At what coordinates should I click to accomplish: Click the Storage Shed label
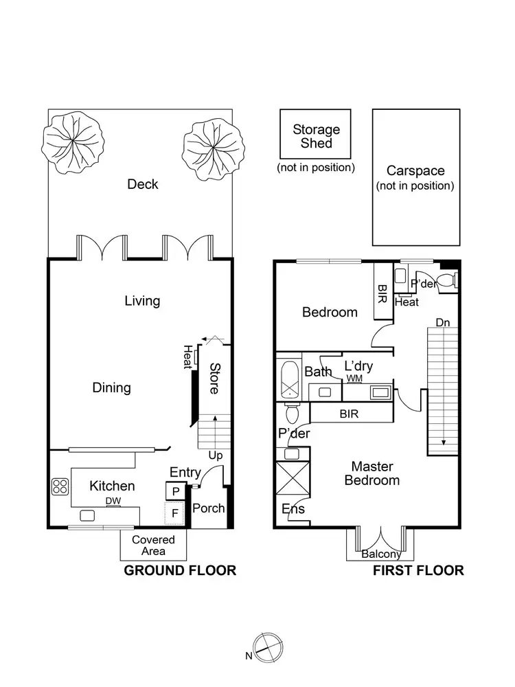tap(316, 136)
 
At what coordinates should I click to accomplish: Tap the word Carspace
tap(415, 171)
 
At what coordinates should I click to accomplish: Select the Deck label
tap(143, 184)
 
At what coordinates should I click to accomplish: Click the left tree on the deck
tap(69, 144)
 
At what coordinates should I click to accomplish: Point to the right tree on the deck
tap(213, 148)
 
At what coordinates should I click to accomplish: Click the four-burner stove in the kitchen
tap(60, 486)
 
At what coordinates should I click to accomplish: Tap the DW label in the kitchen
tap(113, 502)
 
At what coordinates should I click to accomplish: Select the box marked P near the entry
tap(175, 491)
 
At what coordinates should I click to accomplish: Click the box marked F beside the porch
tap(175, 513)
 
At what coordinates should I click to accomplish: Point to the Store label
tap(214, 378)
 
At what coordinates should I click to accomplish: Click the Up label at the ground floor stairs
tap(216, 455)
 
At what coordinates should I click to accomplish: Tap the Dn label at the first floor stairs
tap(444, 322)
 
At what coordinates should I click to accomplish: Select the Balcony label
tap(381, 554)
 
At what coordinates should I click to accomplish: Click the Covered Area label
tap(153, 545)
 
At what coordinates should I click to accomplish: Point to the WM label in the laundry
tap(354, 379)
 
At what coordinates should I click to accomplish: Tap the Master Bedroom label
tap(371, 473)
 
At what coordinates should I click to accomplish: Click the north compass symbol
tap(265, 646)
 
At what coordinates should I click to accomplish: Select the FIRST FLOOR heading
tap(417, 570)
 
